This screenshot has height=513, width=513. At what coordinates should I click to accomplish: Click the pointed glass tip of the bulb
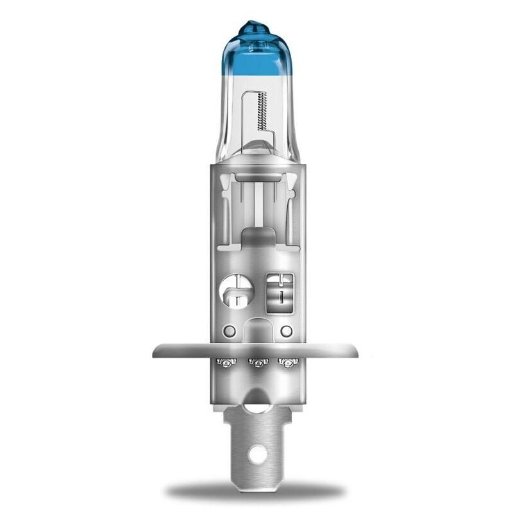pyautogui.click(x=256, y=26)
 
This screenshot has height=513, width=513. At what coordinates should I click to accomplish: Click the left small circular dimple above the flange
pyautogui.click(x=227, y=331)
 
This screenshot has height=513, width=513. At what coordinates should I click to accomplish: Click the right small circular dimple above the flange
pyautogui.click(x=287, y=331)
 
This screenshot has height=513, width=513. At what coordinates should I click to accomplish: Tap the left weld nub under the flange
pyautogui.click(x=225, y=363)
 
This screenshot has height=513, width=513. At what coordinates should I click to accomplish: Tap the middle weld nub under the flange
pyautogui.click(x=256, y=364)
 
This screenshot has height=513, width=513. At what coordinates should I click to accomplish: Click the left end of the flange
pyautogui.click(x=158, y=351)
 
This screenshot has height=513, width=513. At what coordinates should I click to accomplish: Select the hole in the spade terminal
pyautogui.click(x=256, y=455)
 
